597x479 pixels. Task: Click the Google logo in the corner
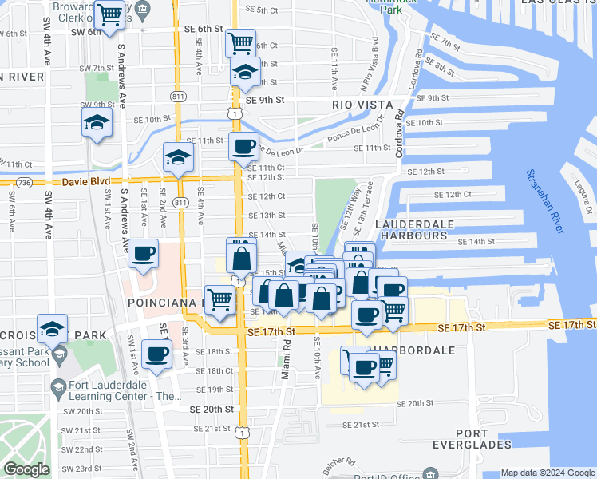26,469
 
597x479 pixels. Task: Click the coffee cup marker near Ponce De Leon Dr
243,146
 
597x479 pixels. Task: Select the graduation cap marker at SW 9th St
97,123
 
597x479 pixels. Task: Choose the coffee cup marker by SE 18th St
156,352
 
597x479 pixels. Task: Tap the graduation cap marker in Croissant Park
52,330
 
